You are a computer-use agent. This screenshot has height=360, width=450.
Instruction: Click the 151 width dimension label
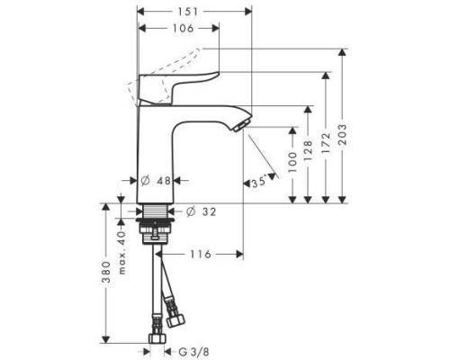point(193,12)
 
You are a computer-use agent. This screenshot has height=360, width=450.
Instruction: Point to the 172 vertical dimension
point(324,144)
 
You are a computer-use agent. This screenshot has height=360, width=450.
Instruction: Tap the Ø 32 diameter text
point(203,211)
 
